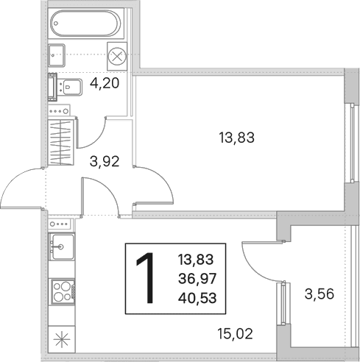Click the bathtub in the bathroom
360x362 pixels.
[86, 24]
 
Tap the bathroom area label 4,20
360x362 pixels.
[105, 83]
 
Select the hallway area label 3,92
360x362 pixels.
[105, 161]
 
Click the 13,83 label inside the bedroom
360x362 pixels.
[236, 138]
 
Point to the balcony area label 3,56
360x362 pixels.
[320, 294]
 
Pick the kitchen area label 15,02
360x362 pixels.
[235, 334]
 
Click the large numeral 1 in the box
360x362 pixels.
[146, 278]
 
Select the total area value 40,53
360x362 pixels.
[197, 298]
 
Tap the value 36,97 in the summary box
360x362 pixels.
[197, 279]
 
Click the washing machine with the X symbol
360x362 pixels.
[117, 56]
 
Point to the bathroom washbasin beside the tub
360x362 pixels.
[57, 55]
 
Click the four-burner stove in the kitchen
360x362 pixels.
[63, 291]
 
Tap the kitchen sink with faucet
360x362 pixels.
[62, 246]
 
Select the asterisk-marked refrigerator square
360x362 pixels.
[62, 339]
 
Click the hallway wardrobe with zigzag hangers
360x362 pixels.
[61, 142]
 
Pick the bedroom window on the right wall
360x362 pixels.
[352, 143]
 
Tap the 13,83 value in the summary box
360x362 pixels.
[196, 260]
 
